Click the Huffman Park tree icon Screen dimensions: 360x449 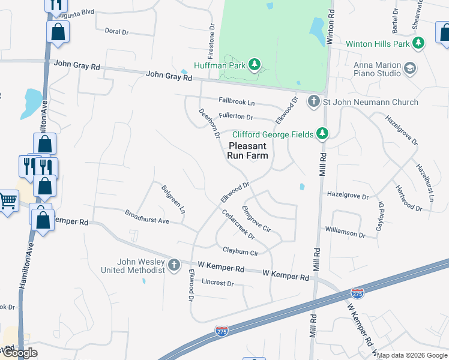point(255,64)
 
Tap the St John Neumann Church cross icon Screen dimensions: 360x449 point(313,101)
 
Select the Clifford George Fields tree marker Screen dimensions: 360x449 point(323,133)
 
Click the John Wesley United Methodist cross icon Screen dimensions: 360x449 point(173,265)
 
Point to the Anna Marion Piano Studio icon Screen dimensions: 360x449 point(411,68)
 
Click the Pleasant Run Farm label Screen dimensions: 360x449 point(247,151)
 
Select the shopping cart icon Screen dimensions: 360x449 point(8,200)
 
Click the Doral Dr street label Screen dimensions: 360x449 point(116,31)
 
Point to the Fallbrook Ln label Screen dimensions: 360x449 point(237,103)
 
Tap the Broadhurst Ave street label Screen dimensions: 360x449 point(147,217)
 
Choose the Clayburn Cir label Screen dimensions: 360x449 point(240,252)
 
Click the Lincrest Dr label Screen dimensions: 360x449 point(217,282)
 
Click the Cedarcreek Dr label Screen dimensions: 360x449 point(238,225)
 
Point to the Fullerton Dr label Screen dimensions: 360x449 point(235,117)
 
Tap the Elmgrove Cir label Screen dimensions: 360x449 point(256,219)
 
